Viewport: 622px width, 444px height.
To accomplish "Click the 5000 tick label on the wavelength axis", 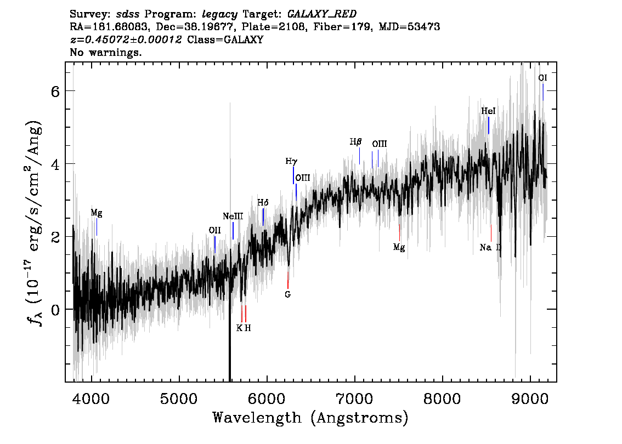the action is coord(179,398).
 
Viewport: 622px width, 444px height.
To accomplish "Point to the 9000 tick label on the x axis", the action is coord(530,398).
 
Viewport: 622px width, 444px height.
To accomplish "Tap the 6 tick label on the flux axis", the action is coord(55,92).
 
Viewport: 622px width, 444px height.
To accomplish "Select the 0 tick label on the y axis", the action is coord(55,310).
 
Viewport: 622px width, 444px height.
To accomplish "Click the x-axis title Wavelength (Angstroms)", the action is coord(310,418).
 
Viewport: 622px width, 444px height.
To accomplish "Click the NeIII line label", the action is coord(233,217).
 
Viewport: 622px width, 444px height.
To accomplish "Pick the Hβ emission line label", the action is coord(356,142).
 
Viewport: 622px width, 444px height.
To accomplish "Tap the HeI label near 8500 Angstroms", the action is coord(488,111).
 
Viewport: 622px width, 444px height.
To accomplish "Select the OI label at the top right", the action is coord(542,78).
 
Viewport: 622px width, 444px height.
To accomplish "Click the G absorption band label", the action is coord(287,294).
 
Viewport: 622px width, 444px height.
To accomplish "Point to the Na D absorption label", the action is coord(491,247).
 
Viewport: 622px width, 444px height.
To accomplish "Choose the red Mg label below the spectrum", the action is coord(399,248).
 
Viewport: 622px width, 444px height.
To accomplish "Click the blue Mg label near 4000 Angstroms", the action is coord(97,213).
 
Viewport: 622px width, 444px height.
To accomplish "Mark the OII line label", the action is coord(214,230).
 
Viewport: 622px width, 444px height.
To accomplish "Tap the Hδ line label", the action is coord(263,203).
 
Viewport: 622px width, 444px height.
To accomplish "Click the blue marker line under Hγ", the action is coord(293,175).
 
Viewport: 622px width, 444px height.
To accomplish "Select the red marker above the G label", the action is coord(288,280).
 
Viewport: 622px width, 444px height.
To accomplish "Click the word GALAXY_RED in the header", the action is coord(322,14).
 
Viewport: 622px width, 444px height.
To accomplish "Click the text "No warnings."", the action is coord(106,52).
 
